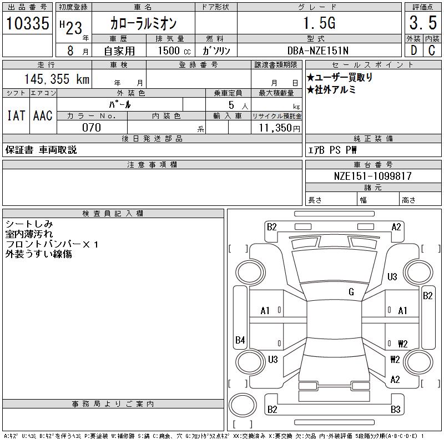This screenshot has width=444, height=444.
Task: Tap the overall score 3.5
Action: tap(422, 24)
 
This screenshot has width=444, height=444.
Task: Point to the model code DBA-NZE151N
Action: tap(319, 51)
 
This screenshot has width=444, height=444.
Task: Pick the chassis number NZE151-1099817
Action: tap(373, 176)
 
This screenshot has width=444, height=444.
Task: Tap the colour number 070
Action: tap(92, 128)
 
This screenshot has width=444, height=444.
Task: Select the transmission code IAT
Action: tap(16, 115)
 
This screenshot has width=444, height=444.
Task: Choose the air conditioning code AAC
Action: tap(43, 115)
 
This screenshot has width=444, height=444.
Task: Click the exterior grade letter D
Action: tap(413, 51)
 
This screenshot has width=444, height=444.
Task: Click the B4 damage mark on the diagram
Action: tap(240, 340)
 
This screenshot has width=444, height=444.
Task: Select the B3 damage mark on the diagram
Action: tap(395, 410)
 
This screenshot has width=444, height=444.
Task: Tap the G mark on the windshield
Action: tap(351, 292)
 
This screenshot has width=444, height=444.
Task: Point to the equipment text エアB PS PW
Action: tap(333, 149)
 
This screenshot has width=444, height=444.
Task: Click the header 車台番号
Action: tap(373, 165)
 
